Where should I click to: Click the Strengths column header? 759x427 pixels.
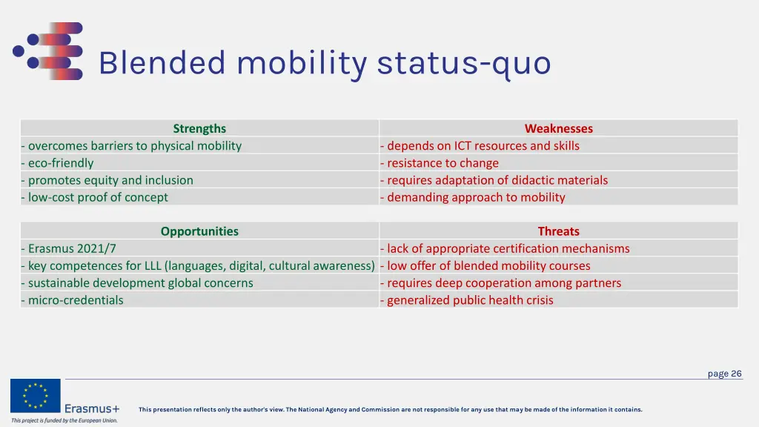click(199, 128)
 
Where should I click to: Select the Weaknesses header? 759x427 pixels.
click(558, 128)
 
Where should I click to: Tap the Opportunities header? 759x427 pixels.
click(199, 231)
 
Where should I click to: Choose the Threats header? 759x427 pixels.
click(558, 231)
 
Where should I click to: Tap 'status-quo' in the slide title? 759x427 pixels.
click(464, 63)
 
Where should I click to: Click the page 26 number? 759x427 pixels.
click(724, 374)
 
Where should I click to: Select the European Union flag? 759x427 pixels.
click(35, 396)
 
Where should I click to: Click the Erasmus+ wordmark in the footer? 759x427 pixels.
click(92, 408)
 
